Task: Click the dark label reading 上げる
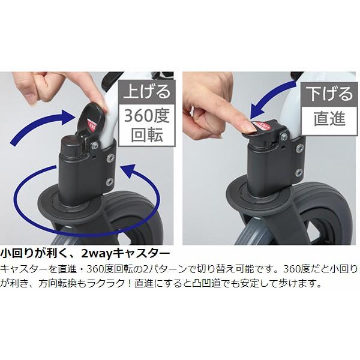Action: [x=146, y=92]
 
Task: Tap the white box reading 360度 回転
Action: [x=146, y=125]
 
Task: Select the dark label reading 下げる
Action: [x=329, y=92]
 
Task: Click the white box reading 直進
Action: [x=329, y=118]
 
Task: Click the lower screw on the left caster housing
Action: [x=109, y=181]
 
